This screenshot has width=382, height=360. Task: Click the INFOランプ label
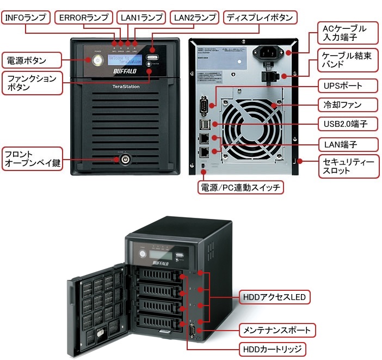26,17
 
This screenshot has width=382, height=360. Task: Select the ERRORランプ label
83,17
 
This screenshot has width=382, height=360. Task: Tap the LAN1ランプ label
141,17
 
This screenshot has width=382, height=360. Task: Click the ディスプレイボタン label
261,17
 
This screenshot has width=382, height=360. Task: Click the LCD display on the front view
125,59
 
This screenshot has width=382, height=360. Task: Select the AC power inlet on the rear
272,52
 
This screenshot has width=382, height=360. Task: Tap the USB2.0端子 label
345,124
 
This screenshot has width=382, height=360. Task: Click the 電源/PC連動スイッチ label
241,187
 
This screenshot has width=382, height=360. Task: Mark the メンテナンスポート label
277,330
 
